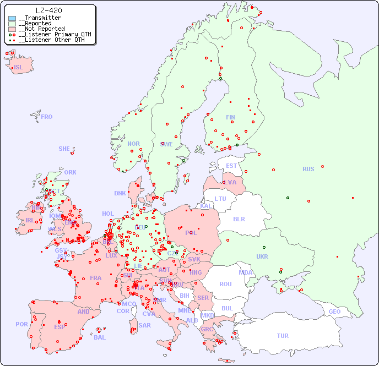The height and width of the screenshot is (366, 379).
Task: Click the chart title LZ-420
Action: (x=48, y=10)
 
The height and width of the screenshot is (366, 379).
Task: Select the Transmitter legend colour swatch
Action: (x=12, y=18)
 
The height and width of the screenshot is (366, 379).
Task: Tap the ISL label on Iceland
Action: (x=19, y=68)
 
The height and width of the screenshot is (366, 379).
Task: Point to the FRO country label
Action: (x=47, y=117)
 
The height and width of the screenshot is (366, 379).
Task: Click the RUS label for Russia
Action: (x=308, y=169)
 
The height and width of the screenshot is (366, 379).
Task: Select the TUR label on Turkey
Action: (x=283, y=336)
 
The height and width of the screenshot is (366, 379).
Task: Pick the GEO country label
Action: (x=334, y=312)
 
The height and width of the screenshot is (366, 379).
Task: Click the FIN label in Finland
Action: (x=230, y=117)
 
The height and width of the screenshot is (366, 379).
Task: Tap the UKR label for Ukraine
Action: (x=262, y=256)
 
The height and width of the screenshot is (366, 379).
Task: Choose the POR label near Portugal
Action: (x=21, y=324)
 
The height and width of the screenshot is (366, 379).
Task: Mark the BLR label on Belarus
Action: (x=239, y=218)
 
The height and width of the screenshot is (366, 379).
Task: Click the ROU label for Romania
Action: (x=225, y=284)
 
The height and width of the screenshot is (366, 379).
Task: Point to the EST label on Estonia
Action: (x=231, y=166)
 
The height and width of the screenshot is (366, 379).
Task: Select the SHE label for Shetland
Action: (x=64, y=149)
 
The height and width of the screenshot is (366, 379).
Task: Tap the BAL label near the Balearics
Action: (x=100, y=337)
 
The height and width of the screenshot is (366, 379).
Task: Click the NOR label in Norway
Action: (x=133, y=144)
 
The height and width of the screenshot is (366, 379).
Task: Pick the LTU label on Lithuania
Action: (x=220, y=199)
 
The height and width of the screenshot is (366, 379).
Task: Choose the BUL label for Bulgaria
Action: (x=227, y=308)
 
